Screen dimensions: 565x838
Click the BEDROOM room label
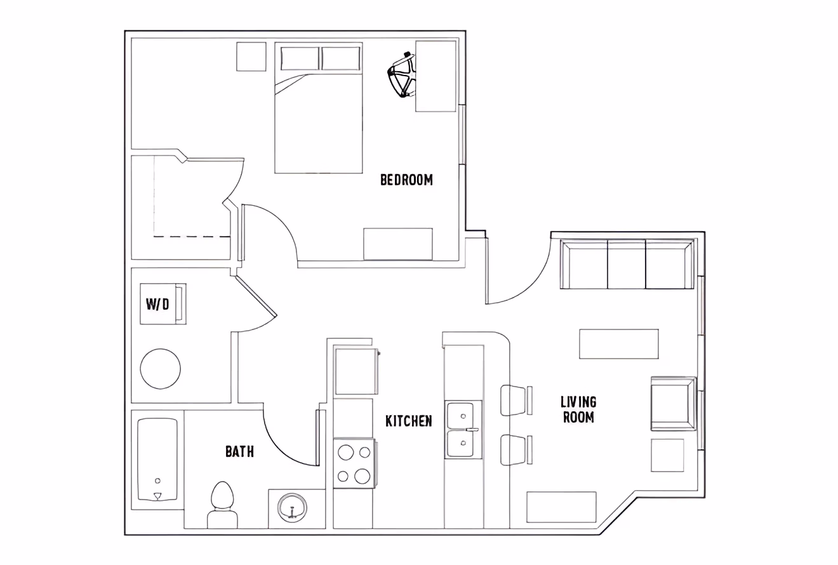click(406, 180)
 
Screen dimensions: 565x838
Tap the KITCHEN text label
click(409, 421)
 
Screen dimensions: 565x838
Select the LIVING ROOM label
click(578, 409)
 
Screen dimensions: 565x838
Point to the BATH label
click(239, 451)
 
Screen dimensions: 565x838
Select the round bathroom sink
click(293, 508)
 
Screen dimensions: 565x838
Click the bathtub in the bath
click(157, 458)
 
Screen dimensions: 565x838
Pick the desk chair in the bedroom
click(401, 76)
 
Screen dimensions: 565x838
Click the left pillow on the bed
click(300, 58)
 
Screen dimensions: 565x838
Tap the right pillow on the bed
click(341, 58)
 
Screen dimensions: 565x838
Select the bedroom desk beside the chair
click(436, 76)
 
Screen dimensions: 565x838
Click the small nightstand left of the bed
click(251, 56)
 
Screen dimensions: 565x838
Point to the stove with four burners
click(354, 463)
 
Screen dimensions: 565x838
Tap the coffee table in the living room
click(618, 343)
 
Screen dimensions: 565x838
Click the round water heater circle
click(160, 369)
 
